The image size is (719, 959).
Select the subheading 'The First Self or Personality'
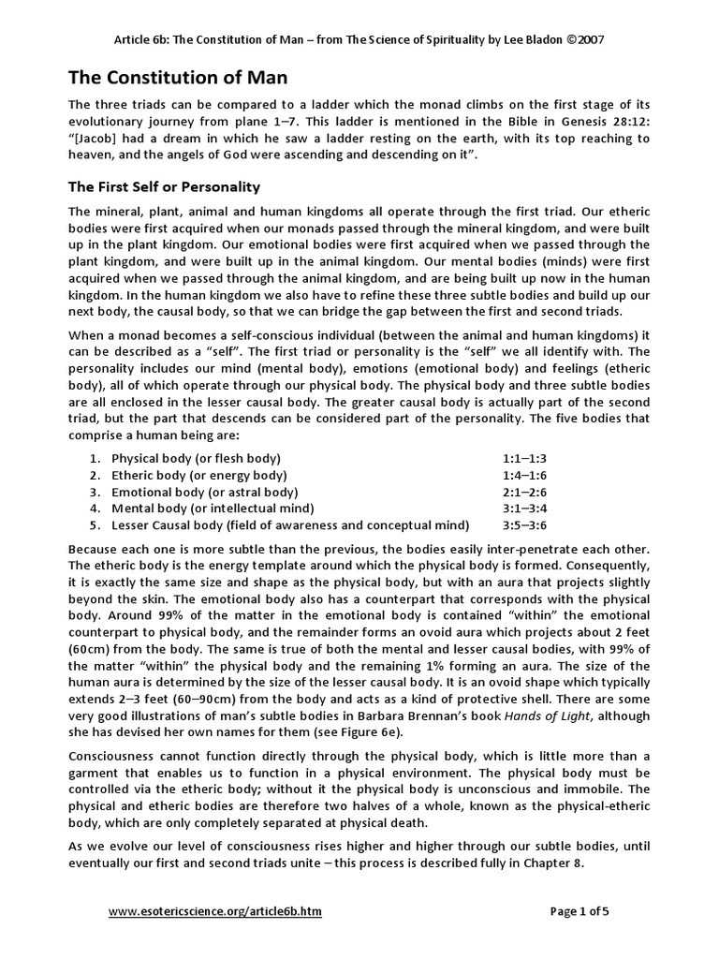(x=165, y=186)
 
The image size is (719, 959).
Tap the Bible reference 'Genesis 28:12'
(x=602, y=121)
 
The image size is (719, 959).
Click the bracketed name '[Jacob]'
(x=96, y=138)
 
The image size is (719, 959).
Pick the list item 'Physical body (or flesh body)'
(x=196, y=458)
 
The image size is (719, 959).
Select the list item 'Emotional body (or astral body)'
(x=204, y=492)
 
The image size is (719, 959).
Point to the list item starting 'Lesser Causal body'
(x=290, y=525)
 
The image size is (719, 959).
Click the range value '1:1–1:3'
(x=524, y=458)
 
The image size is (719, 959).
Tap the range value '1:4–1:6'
(x=524, y=475)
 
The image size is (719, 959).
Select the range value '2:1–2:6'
(x=524, y=492)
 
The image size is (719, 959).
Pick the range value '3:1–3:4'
(x=524, y=509)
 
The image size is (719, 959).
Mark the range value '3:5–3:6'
(x=524, y=525)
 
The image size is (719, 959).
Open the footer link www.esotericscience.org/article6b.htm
(x=215, y=911)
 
